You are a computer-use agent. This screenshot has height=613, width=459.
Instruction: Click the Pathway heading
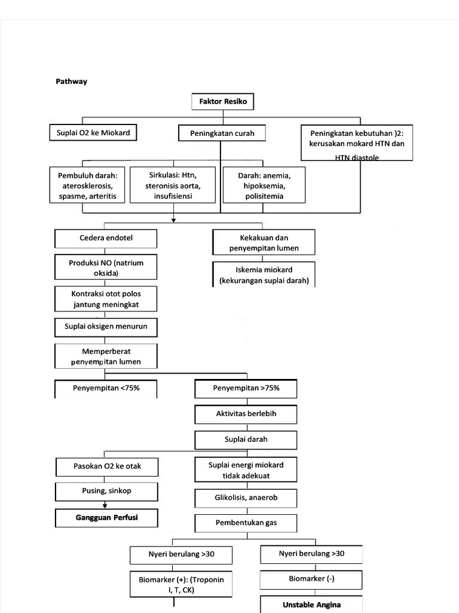71,81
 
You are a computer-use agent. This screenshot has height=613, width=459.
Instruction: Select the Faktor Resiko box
222,102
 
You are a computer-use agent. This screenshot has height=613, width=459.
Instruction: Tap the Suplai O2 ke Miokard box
93,133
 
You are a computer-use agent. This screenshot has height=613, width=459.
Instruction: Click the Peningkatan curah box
222,133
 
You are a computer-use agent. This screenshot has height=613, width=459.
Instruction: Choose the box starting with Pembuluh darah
88,186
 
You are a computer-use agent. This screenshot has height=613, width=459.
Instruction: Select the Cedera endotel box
106,238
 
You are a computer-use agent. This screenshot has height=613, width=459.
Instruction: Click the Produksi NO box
106,268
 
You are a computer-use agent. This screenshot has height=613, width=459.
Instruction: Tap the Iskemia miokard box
264,275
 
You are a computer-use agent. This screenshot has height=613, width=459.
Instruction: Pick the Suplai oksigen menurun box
106,327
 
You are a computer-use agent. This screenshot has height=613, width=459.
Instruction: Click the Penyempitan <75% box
106,389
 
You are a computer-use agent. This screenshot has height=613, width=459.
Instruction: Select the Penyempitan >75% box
246,389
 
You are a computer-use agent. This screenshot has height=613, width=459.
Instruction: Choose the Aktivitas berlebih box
246,414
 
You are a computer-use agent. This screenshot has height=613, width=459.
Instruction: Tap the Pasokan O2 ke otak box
107,466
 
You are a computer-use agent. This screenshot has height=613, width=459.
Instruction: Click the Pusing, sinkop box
107,491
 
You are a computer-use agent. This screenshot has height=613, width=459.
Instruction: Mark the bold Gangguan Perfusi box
107,517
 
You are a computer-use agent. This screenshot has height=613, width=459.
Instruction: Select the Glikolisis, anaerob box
246,497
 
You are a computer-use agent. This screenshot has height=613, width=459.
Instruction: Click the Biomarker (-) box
311,579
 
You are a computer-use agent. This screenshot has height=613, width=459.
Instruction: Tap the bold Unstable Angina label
311,604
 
